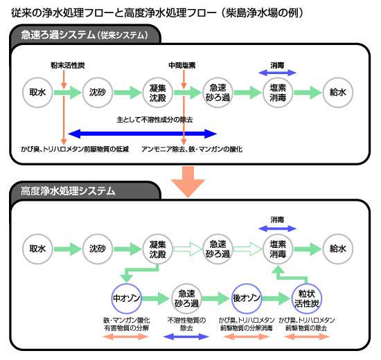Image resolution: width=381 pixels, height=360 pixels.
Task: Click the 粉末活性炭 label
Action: click(x=68, y=65)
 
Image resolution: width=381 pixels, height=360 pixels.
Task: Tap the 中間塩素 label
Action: click(x=182, y=65)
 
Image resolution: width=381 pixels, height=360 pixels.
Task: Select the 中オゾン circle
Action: click(x=126, y=298)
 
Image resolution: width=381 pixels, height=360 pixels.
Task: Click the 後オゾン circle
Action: click(x=247, y=298)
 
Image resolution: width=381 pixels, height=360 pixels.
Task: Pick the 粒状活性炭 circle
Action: click(x=306, y=298)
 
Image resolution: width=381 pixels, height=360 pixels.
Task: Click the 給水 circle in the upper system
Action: click(x=338, y=92)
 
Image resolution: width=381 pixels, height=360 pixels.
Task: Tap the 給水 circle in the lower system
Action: click(x=338, y=249)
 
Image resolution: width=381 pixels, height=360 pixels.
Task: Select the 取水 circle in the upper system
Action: click(x=37, y=92)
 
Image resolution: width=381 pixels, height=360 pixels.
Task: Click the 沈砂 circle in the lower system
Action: click(x=98, y=249)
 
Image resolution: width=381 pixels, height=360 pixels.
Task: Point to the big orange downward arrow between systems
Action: click(x=188, y=181)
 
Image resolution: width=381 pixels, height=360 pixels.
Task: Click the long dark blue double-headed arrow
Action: click(x=143, y=134)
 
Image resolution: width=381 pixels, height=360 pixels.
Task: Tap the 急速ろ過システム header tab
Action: click(x=85, y=35)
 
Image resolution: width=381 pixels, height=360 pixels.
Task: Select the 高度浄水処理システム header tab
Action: click(x=85, y=191)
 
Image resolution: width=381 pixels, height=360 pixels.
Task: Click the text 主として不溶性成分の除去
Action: click(x=154, y=120)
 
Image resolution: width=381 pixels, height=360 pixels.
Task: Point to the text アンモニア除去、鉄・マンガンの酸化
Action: click(x=192, y=149)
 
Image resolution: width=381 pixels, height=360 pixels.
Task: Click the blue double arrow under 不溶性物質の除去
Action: click(x=186, y=336)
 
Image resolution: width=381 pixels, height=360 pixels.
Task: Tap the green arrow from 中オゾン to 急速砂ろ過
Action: click(x=155, y=298)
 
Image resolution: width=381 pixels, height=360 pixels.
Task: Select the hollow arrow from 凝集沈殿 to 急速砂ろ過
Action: click(x=188, y=249)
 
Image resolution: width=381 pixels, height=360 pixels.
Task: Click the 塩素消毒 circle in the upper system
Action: click(x=278, y=92)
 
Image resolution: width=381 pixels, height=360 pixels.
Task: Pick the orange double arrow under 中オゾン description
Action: click(x=126, y=336)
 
